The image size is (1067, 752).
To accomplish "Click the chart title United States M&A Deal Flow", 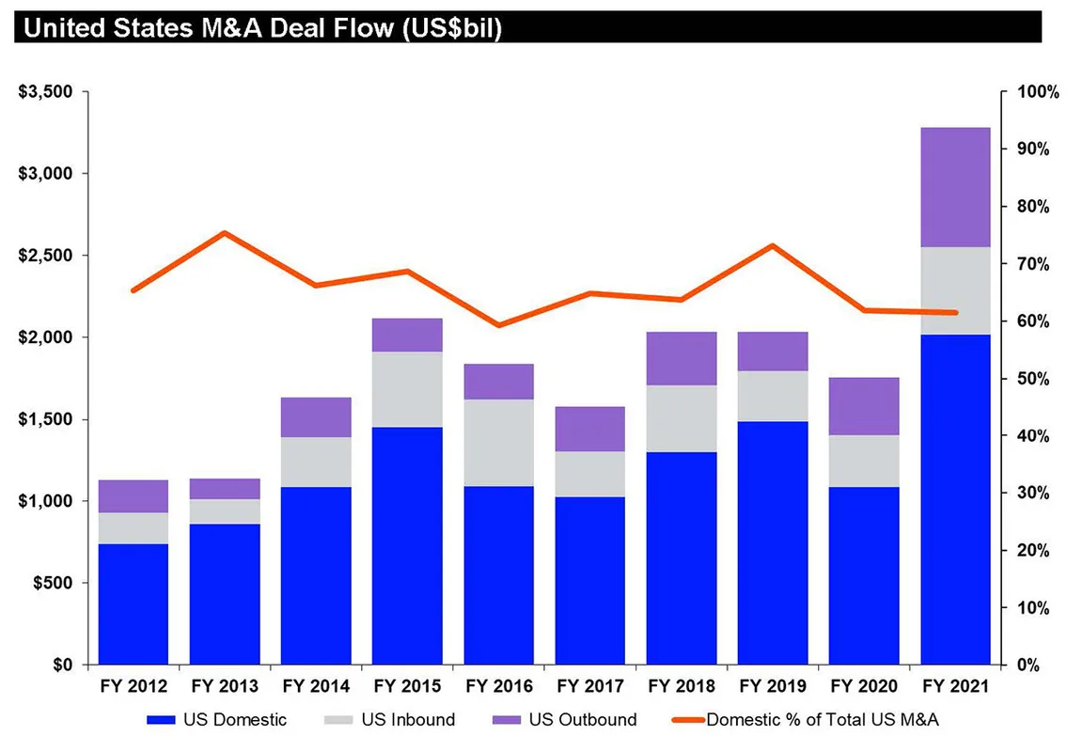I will (262, 27).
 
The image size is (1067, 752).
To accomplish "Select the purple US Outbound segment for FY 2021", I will (955, 187).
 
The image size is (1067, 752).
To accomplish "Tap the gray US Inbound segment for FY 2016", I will (498, 443).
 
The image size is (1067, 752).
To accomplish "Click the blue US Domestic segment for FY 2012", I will (133, 603).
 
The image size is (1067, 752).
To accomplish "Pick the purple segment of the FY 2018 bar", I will (682, 358).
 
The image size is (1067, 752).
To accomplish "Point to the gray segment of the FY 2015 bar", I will (407, 389).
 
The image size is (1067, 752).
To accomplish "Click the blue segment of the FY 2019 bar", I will (773, 542).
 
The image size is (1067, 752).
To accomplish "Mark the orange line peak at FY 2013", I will (225, 233).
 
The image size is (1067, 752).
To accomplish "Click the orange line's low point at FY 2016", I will (498, 325).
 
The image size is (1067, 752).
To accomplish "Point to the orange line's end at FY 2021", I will (955, 312).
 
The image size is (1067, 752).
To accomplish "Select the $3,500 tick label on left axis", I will (44, 92).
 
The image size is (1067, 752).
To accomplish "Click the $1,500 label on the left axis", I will (44, 419).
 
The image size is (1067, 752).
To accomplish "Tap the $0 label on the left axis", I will (58, 665).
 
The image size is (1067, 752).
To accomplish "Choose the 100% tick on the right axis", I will (1037, 92).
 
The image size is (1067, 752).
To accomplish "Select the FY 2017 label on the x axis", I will (590, 687).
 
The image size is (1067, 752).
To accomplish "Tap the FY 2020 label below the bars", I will (864, 687).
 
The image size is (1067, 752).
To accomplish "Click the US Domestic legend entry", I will (216, 720).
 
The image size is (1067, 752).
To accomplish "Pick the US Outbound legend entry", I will (564, 720).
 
